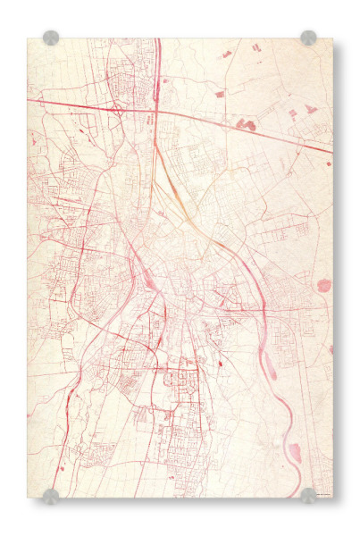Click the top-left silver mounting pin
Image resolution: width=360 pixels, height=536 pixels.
[x=51, y=38]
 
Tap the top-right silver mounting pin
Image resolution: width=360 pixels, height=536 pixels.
[x=308, y=38]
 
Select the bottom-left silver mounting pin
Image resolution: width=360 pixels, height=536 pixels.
[x=51, y=496]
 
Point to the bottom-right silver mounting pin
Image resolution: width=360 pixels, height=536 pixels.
[x=308, y=496]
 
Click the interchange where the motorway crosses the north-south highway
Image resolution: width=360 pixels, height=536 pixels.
[x=155, y=111]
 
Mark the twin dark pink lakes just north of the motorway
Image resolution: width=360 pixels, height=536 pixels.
[x=245, y=125]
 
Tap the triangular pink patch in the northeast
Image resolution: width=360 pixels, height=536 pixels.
[x=310, y=109]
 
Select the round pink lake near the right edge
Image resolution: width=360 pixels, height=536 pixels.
[x=324, y=286]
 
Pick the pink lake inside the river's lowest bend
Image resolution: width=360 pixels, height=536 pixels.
[x=294, y=452]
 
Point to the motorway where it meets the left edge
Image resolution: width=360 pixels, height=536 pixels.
[x=29, y=102]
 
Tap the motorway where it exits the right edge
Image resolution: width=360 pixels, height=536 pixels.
[x=330, y=150]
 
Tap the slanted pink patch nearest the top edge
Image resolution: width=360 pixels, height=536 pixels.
[x=226, y=54]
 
